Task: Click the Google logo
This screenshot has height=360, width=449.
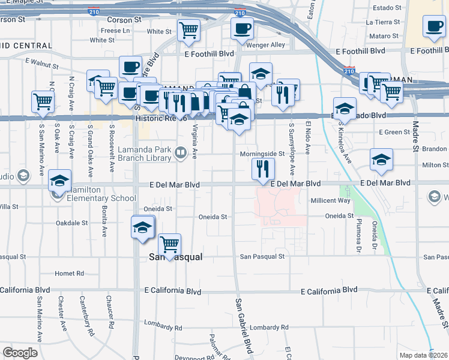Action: pyautogui.click(x=20, y=352)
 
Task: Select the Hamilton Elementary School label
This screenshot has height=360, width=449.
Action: pyautogui.click(x=101, y=198)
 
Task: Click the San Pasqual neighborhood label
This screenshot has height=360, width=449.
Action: pyautogui.click(x=174, y=257)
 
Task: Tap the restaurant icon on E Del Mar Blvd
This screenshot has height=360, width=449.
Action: pyautogui.click(x=262, y=168)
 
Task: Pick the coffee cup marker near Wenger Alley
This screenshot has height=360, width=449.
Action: pyautogui.click(x=242, y=28)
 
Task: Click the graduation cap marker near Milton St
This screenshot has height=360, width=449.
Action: pyautogui.click(x=381, y=160)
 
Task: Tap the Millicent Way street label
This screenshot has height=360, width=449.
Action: pyautogui.click(x=330, y=200)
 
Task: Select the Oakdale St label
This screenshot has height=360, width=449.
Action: pyautogui.click(x=71, y=223)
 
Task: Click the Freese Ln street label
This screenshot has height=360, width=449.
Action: pyautogui.click(x=110, y=30)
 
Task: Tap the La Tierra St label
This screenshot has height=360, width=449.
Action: pyautogui.click(x=383, y=22)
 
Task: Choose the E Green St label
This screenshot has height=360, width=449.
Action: pyautogui.click(x=394, y=132)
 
